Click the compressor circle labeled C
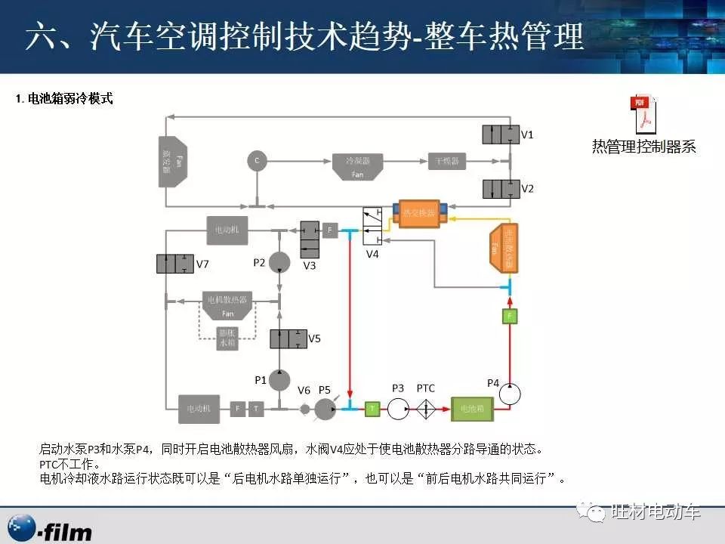pyautogui.click(x=257, y=160)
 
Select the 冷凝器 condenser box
pyautogui.click(x=358, y=165)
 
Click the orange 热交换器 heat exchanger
pyautogui.click(x=420, y=213)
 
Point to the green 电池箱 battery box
pyautogui.click(x=473, y=408)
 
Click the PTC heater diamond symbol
pyautogui.click(x=426, y=408)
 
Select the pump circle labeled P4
pyautogui.click(x=511, y=394)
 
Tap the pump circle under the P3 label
pyautogui.click(x=398, y=408)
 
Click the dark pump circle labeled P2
pyautogui.click(x=279, y=261)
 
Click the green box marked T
pyautogui.click(x=372, y=408)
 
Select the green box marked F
pyautogui.click(x=511, y=315)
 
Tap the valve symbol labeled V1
pyautogui.click(x=501, y=134)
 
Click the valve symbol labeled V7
pyautogui.click(x=174, y=264)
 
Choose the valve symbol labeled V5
pyautogui.click(x=288, y=338)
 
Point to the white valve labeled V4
pyautogui.click(x=372, y=224)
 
